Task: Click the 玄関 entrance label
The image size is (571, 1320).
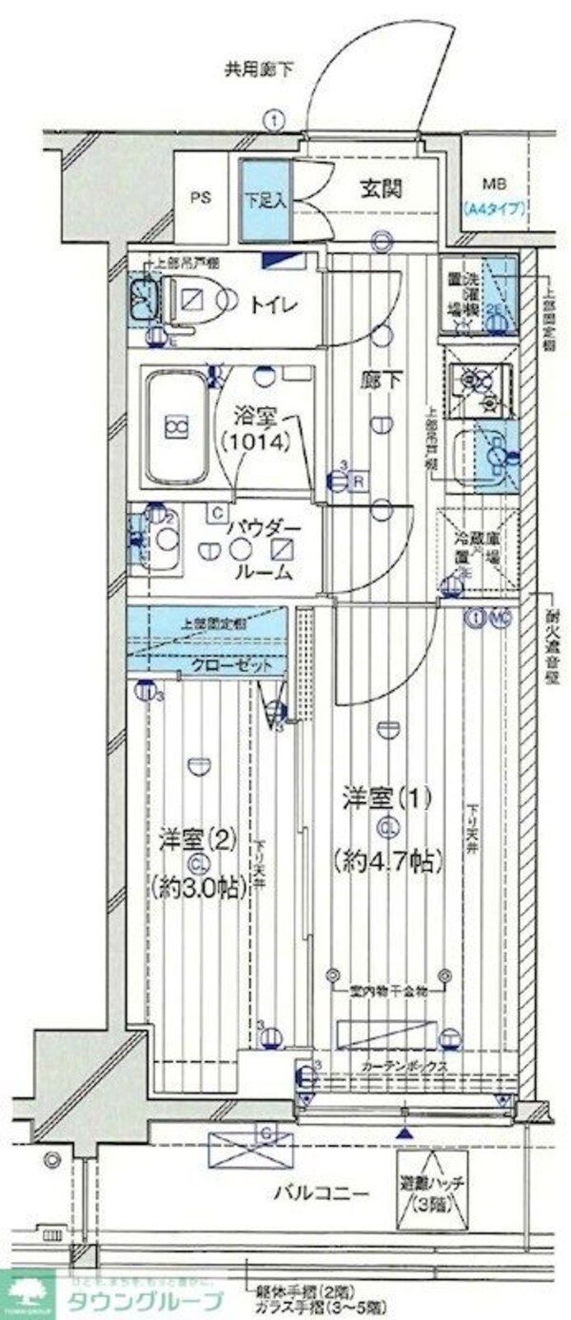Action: click(x=381, y=187)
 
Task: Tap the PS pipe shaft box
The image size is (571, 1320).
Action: click(x=200, y=199)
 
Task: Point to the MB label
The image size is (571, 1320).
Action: click(x=494, y=184)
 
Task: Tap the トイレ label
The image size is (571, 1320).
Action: click(x=276, y=305)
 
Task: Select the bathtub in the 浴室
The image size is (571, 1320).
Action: click(x=175, y=426)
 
